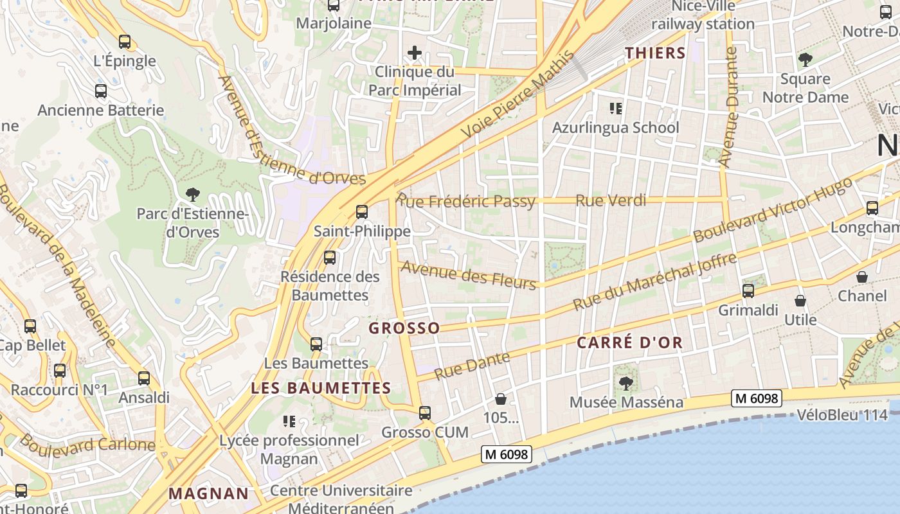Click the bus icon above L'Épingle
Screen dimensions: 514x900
[125, 42]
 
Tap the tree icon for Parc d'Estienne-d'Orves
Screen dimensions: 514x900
[192, 193]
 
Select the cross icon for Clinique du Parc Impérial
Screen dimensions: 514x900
[415, 53]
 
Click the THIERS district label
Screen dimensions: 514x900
[656, 53]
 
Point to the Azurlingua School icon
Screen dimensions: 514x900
[616, 109]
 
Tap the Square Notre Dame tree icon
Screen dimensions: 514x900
[805, 60]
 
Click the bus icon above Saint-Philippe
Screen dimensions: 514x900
[362, 212]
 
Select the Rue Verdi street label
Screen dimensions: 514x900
[611, 200]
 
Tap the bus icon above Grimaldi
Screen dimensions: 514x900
[748, 291]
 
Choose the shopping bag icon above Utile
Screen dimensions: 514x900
[800, 301]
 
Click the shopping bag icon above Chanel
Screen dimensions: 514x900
[862, 277]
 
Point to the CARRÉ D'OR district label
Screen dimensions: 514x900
[629, 342]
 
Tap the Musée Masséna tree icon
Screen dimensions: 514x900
[625, 384]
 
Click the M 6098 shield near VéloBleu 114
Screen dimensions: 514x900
[757, 398]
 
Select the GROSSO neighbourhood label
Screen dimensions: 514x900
[404, 328]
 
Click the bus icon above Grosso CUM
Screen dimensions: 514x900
[425, 413]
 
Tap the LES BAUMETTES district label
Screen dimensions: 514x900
[321, 388]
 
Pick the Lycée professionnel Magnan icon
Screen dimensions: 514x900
[289, 421]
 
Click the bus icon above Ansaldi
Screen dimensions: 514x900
[144, 378]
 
